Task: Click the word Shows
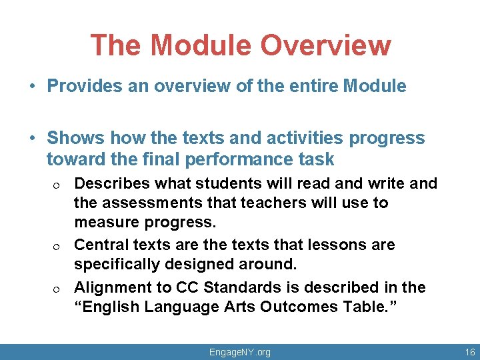click(x=75, y=138)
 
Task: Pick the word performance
click(x=231, y=159)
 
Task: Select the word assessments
click(x=153, y=202)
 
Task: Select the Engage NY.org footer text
click(x=240, y=352)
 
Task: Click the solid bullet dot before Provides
click(x=32, y=87)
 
